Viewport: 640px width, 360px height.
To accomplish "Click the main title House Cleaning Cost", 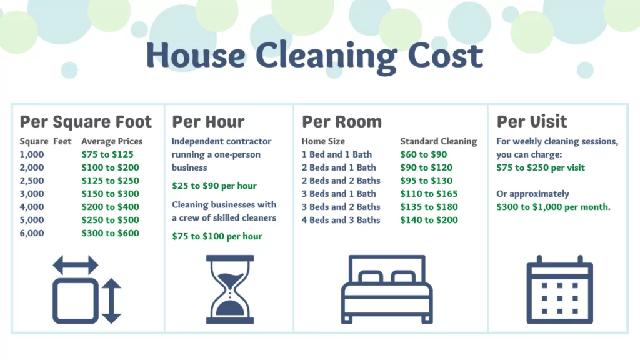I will [314, 56].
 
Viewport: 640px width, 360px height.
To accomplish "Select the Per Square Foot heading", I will [86, 121].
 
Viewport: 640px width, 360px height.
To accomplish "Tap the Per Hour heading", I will [208, 121].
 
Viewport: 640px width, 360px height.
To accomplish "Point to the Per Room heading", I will [341, 121].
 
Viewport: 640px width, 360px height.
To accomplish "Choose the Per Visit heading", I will [532, 121].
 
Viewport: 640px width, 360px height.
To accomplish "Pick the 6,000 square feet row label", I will [31, 233].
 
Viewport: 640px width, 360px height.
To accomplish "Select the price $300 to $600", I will [110, 233].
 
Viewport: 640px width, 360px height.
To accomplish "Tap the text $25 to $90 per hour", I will [214, 186].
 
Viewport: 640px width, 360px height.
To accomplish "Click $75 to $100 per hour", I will [217, 236].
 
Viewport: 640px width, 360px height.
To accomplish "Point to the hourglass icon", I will [230, 289].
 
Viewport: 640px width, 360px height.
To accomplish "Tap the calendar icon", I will [559, 289].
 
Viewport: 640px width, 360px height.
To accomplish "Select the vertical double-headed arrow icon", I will [111, 301].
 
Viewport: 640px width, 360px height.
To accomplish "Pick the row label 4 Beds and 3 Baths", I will [341, 220].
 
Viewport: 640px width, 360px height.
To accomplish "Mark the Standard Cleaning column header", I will [438, 141].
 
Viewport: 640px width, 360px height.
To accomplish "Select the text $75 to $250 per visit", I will [541, 167].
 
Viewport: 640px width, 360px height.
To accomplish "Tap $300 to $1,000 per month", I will [553, 207].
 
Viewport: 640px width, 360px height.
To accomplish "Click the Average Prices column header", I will [112, 141].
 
